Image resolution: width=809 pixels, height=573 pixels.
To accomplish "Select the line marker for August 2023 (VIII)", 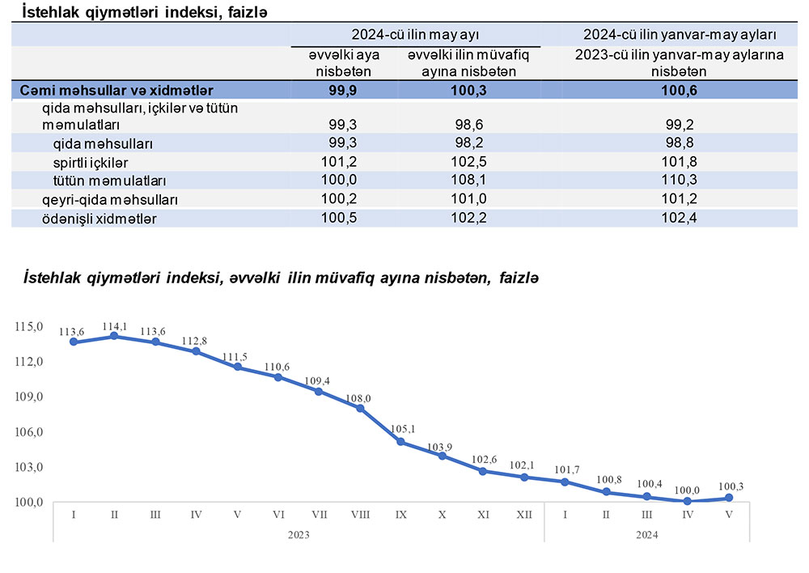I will tap(360, 408).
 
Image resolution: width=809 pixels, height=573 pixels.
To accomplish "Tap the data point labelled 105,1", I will tap(400, 441).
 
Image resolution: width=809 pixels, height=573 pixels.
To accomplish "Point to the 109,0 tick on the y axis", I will tap(28, 397).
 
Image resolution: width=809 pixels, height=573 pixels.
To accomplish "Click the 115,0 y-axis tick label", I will tap(28, 326).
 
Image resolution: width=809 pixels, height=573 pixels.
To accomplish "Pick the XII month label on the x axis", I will tap(523, 514).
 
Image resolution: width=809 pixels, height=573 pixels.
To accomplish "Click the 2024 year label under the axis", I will tap(646, 534).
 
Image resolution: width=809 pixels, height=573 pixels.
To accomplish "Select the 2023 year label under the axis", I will tap(299, 534).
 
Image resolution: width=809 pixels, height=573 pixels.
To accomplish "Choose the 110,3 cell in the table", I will tap(679, 180).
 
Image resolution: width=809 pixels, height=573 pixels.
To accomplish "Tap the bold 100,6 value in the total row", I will tap(679, 90).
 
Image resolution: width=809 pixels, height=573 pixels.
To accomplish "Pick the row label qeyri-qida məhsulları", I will tap(109, 199).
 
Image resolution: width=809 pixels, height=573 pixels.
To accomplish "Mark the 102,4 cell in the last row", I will tap(679, 218).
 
